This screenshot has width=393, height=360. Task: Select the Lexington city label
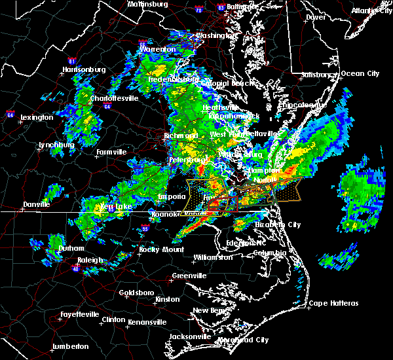click(37, 117)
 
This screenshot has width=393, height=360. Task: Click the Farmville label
click(111, 152)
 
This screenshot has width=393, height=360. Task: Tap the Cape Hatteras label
click(334, 303)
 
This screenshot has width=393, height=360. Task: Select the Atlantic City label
click(369, 10)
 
